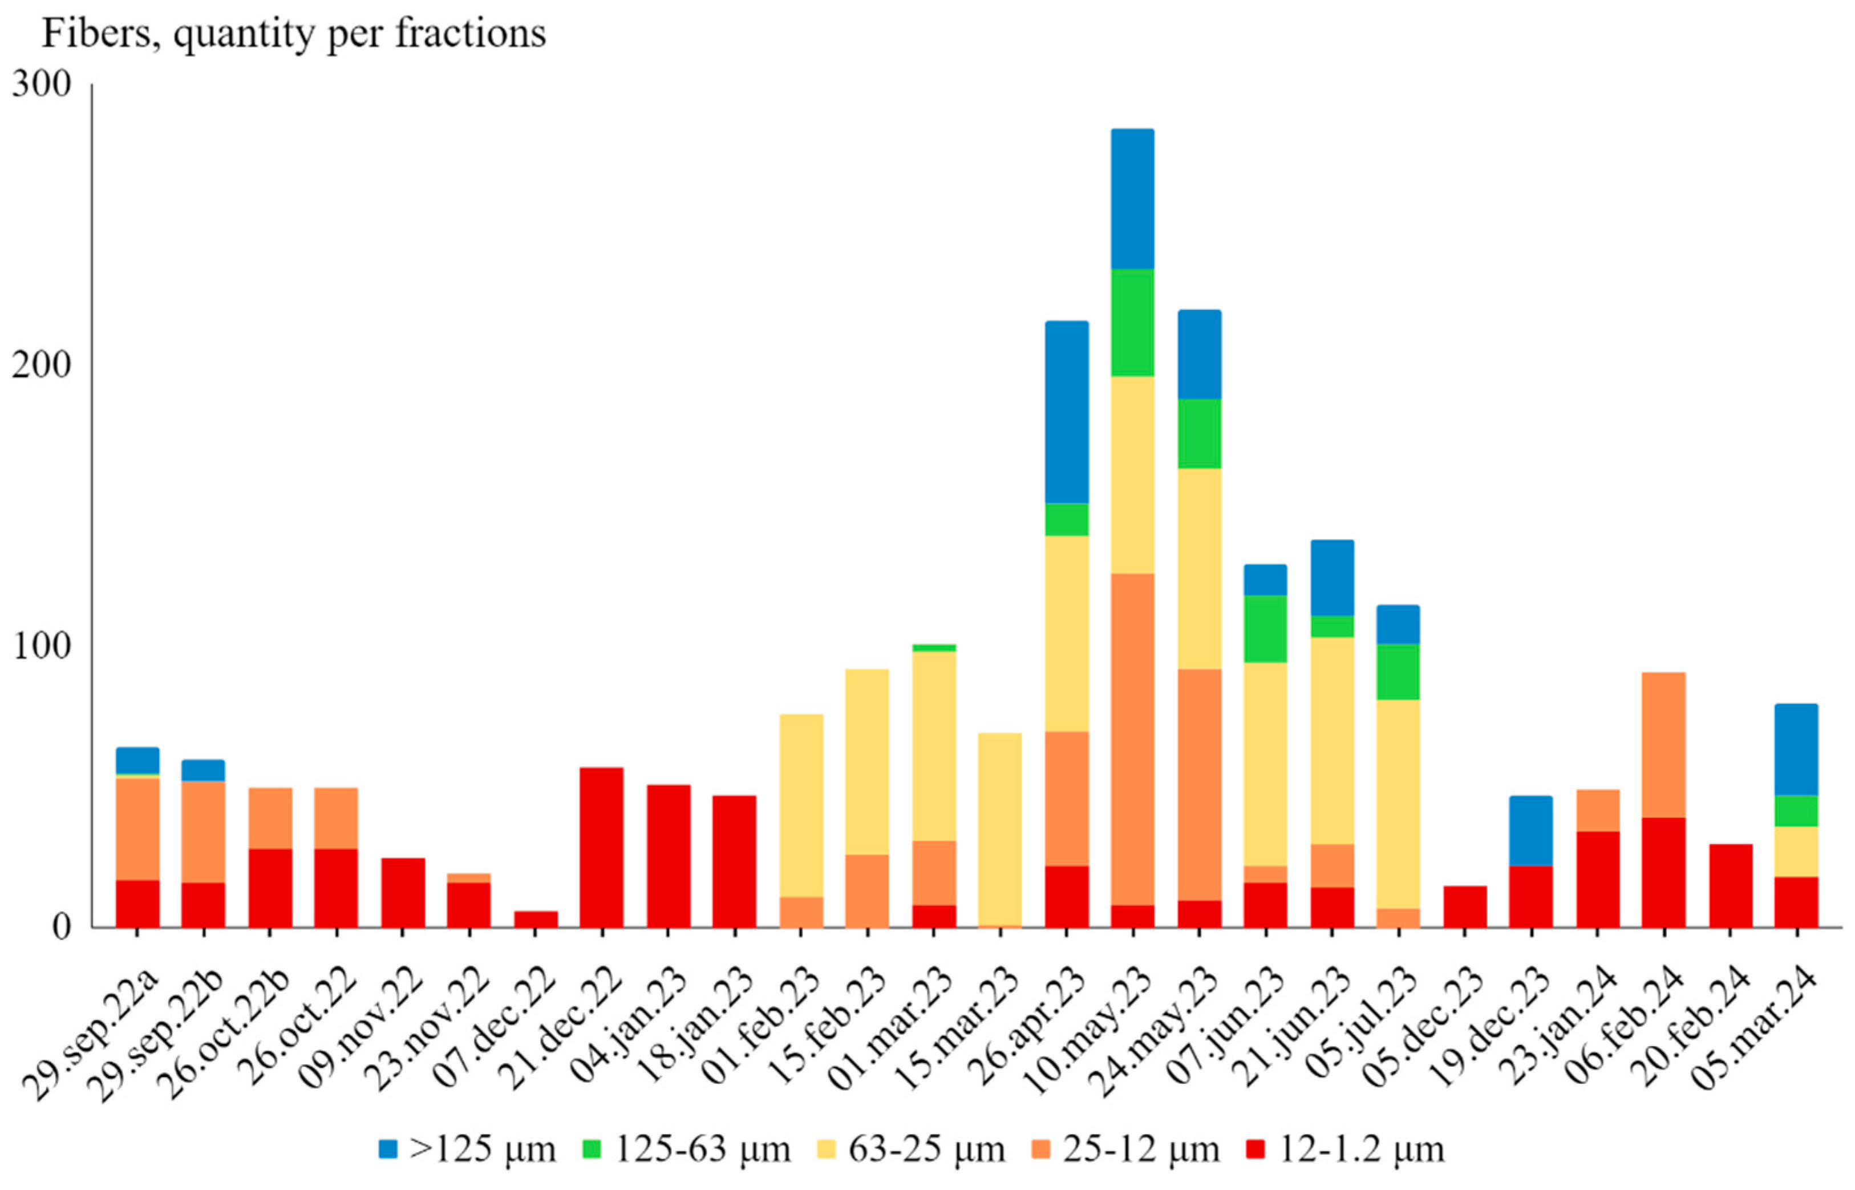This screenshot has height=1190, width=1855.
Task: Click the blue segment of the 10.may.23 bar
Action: pos(1132,199)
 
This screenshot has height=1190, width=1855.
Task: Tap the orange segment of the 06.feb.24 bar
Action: pos(1663,744)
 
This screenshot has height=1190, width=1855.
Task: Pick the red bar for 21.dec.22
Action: pos(602,847)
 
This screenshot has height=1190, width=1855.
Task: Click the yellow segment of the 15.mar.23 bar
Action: pos(999,828)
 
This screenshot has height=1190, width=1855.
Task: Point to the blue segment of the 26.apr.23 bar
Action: pos(1067,412)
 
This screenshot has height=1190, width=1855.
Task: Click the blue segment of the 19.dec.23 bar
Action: pos(1530,830)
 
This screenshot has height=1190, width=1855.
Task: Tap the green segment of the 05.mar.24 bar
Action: pos(1796,810)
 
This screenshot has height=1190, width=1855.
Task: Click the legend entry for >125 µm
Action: pos(467,1149)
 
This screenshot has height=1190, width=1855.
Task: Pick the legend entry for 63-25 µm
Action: pos(912,1149)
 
